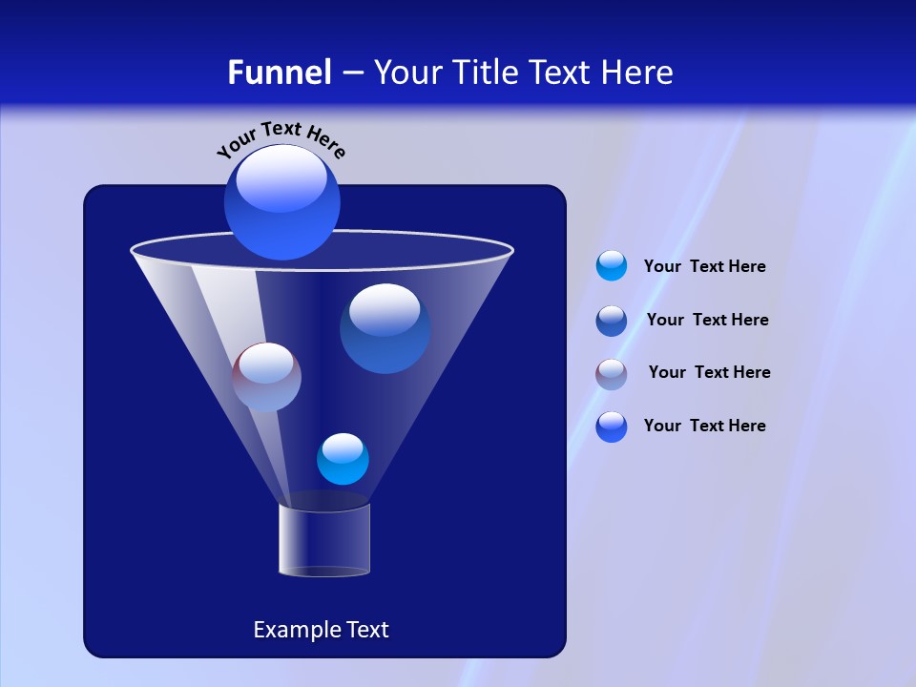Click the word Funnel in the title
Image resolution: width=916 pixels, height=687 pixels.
coord(279,73)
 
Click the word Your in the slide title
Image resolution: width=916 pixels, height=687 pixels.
coord(407,73)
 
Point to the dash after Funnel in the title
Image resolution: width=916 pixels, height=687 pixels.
coord(351,73)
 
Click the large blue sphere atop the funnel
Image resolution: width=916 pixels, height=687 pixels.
coord(281,201)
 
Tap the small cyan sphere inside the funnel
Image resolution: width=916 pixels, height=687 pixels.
coord(343,459)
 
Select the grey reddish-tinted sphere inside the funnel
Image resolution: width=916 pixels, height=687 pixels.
coord(266,377)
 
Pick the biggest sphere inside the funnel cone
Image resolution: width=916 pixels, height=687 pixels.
coord(385,328)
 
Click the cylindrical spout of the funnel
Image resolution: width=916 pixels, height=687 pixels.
coord(323,540)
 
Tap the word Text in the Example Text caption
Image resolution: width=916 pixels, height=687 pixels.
coord(367,630)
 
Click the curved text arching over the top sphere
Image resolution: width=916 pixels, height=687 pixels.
coord(281,137)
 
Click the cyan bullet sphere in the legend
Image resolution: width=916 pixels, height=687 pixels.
coord(612,266)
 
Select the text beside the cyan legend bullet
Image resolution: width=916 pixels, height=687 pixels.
coord(704,267)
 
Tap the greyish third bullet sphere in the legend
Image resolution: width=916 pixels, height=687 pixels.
coord(612,374)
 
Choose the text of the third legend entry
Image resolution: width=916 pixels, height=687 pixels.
coord(709,372)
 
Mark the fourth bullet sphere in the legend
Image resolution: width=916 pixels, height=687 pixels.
coord(612,427)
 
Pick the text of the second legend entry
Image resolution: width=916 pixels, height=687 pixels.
coord(707,320)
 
